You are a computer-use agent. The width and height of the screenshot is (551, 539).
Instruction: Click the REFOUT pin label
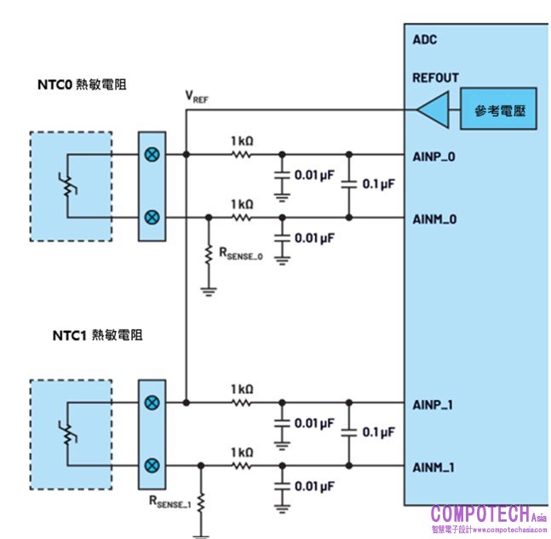[x=435, y=78]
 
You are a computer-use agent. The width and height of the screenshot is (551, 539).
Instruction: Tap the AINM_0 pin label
[x=435, y=219]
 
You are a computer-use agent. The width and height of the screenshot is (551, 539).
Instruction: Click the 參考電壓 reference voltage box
[x=498, y=109]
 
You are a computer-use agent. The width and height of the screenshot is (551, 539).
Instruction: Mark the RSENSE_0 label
[x=241, y=253]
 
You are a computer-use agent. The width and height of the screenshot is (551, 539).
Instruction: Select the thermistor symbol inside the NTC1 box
[x=69, y=434]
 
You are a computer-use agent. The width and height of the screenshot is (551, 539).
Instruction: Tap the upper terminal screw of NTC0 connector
[x=152, y=155]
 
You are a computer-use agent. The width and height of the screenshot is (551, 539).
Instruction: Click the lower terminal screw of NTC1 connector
[x=152, y=466]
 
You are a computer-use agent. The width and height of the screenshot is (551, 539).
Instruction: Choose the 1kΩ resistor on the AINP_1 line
[x=243, y=402]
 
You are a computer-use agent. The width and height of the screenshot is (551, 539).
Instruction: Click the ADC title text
[x=424, y=39]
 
